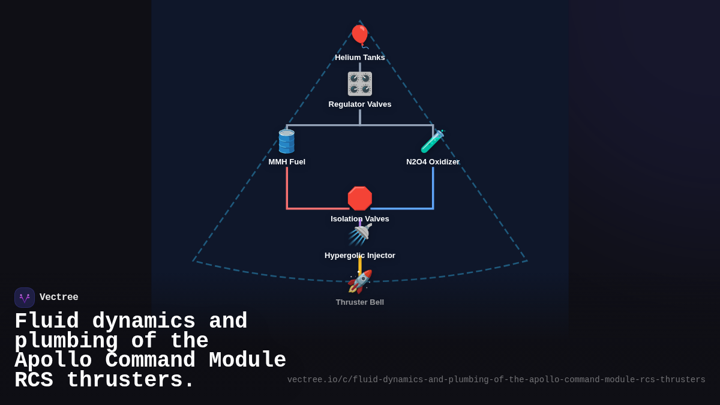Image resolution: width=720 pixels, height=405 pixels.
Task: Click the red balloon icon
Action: (x=359, y=34)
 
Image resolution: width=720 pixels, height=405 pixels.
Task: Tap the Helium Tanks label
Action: (x=360, y=58)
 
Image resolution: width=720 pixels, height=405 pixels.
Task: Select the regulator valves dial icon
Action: (x=360, y=84)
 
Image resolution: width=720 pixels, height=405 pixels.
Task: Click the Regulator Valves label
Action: (x=360, y=104)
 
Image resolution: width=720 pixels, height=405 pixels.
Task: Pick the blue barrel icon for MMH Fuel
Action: (x=287, y=142)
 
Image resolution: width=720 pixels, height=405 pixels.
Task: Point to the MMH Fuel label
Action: (x=287, y=162)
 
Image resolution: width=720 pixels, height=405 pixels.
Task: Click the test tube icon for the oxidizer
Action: (x=432, y=142)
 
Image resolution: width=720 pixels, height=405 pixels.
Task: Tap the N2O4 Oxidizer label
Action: (x=433, y=162)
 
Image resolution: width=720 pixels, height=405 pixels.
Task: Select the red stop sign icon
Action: (x=360, y=199)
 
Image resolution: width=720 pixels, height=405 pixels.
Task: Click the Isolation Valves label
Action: (x=360, y=219)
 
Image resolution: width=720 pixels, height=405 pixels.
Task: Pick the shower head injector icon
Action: (x=361, y=234)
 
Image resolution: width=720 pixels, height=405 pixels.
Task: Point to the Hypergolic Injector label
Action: (x=360, y=256)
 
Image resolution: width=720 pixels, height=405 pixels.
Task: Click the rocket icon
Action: (x=360, y=281)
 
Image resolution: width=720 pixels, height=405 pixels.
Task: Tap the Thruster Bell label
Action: (x=360, y=302)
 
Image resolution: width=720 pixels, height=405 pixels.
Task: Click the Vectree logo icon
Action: (x=25, y=298)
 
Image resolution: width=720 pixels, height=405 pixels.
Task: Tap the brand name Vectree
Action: (x=59, y=298)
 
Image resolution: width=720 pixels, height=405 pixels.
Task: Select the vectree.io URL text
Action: (x=496, y=380)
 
